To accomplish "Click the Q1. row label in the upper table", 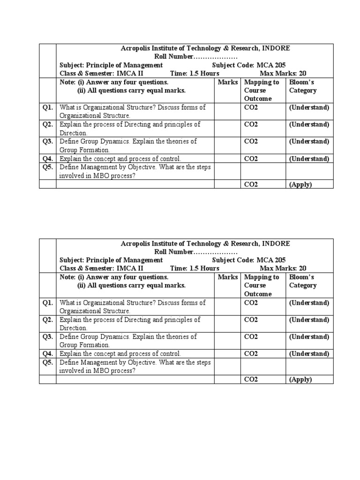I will pos(47,107).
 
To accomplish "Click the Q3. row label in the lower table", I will pos(47,337).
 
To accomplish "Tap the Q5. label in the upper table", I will pos(47,167).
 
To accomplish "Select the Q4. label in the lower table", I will pos(47,354).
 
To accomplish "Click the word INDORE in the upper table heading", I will pos(276,48).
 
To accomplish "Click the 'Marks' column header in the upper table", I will pos(228,82).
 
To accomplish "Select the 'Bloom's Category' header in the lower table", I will pos(303,281).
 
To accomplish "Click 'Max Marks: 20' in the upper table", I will pos(283,74).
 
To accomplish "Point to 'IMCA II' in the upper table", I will pos(131,74).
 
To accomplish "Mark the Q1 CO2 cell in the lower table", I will pos(251,303).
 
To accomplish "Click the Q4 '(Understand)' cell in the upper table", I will pos(309,159).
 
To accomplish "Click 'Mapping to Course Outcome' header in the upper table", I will pos(262,90).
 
